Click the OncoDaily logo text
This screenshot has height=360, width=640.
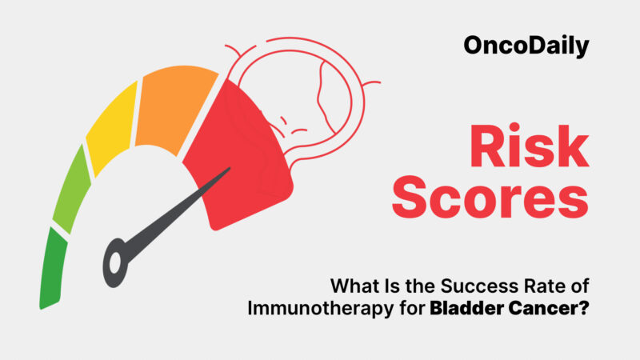pos(526,46)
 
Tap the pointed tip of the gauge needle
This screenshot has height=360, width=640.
pos(230,170)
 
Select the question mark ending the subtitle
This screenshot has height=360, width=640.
pos(586,308)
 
